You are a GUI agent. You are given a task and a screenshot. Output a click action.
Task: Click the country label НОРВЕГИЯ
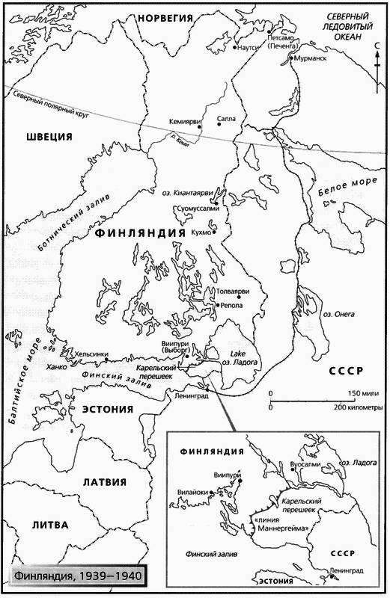pos(165,16)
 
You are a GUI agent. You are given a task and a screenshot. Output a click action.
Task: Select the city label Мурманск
pos(312,58)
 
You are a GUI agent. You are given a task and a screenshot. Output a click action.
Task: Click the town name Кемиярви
pos(183,120)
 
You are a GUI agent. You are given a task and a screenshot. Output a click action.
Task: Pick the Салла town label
pos(225,118)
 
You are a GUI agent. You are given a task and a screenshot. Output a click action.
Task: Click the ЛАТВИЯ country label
pos(103,482)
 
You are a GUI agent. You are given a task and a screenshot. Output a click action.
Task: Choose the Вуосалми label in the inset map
pos(305,464)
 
